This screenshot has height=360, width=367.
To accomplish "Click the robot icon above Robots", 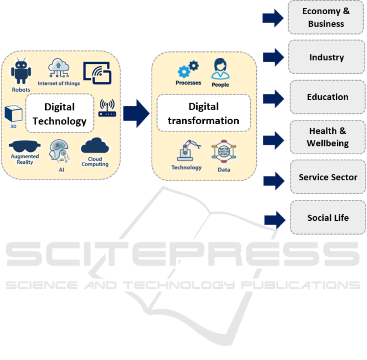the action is [x=21, y=71].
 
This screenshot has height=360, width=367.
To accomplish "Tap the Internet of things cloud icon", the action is [x=59, y=68].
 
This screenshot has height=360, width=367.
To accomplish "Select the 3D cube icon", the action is [x=13, y=114].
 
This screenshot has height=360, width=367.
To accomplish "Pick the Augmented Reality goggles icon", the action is [x=24, y=147].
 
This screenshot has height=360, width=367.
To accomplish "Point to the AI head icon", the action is [x=59, y=151].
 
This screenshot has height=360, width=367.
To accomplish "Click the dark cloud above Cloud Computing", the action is [x=95, y=145].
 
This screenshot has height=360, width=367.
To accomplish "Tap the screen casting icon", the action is [x=97, y=73].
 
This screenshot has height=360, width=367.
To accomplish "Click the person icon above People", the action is [x=220, y=69].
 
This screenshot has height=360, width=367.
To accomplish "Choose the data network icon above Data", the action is [x=224, y=151].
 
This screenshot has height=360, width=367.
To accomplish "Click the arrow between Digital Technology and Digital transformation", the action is [x=136, y=114].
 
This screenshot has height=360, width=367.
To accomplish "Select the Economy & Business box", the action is [x=326, y=18].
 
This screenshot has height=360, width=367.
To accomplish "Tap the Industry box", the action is [x=327, y=57].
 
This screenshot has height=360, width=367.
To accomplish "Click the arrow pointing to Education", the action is [x=273, y=99].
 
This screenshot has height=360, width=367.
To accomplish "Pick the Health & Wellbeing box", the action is [x=327, y=137].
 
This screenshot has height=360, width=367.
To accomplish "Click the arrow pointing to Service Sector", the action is [x=274, y=181].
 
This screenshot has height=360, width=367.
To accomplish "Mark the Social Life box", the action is [x=328, y=217].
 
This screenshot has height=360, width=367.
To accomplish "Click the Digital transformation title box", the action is [x=204, y=113].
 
